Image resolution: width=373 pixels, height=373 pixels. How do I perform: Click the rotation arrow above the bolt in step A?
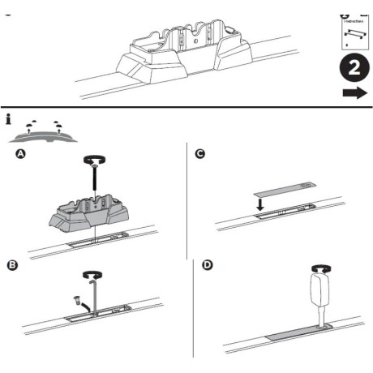96,161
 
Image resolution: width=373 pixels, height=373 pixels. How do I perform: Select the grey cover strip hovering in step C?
282,188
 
